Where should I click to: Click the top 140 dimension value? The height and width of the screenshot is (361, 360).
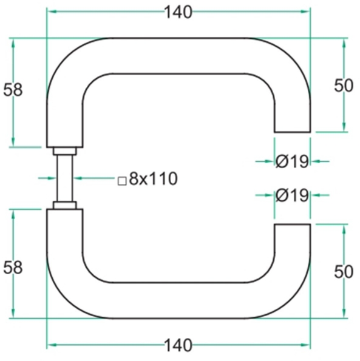click(x=178, y=12)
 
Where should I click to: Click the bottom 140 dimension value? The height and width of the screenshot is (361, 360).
click(x=178, y=345)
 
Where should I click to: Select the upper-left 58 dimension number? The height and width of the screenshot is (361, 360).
click(x=13, y=90)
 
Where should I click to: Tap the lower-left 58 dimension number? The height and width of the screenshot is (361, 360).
click(x=13, y=267)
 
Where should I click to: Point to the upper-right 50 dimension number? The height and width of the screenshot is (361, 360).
click(x=344, y=86)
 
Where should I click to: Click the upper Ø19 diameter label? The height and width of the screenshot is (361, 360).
click(x=292, y=161)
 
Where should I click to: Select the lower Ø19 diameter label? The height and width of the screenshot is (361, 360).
click(x=292, y=195)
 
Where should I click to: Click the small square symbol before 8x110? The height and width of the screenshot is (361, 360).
click(x=121, y=180)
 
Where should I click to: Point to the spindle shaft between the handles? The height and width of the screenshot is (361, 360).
click(x=64, y=178)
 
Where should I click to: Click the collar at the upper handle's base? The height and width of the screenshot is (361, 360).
click(x=64, y=151)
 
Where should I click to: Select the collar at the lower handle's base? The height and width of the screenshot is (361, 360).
click(x=64, y=206)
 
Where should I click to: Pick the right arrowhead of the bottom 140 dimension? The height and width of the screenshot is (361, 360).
click(x=306, y=345)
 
